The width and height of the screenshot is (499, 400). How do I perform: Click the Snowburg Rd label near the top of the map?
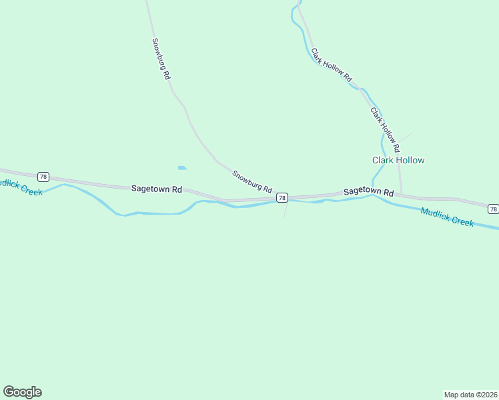tap(161, 59)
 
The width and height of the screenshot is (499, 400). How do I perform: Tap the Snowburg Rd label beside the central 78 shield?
tap(252, 181)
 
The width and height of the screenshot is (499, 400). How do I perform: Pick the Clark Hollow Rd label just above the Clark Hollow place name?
tap(385, 129)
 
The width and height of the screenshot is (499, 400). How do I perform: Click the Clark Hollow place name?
tap(398, 160)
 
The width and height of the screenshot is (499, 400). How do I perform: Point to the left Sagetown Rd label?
tap(157, 189)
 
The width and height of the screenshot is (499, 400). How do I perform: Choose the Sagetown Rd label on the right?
tap(368, 191)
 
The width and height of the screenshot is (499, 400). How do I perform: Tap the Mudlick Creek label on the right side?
tap(447, 217)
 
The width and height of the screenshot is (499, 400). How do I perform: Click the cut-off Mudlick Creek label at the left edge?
tap(20, 187)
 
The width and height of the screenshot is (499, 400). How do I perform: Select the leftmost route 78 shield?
tap(43, 177)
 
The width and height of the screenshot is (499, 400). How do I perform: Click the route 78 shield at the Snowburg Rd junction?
tap(282, 198)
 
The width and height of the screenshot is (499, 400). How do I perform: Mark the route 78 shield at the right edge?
tap(493, 209)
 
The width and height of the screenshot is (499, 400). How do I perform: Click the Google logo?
tap(22, 392)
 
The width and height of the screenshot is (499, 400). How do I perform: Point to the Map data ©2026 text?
tap(471, 394)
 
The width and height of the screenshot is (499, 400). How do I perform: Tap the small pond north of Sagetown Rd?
tap(182, 168)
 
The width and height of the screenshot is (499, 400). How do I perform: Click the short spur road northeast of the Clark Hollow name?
tap(404, 138)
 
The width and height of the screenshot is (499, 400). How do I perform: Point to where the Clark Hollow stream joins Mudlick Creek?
tap(372, 195)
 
